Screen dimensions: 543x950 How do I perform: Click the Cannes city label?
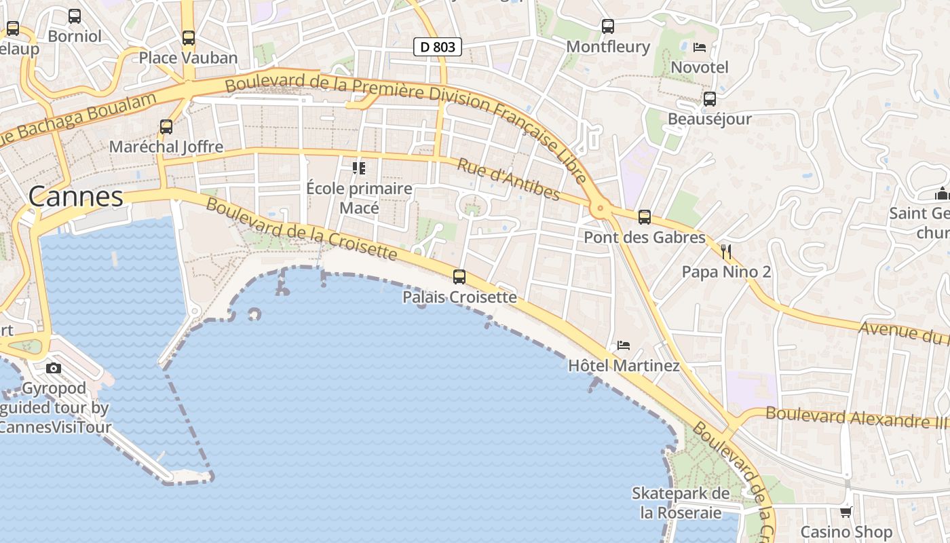coord(75,197)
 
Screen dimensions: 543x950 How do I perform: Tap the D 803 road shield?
coord(438,47)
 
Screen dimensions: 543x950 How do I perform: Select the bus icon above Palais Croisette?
coord(459,277)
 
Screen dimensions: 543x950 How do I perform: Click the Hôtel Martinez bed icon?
coord(624,345)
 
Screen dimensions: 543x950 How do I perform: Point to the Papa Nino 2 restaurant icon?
coord(726,252)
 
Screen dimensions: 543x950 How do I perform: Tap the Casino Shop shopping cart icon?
coord(845,512)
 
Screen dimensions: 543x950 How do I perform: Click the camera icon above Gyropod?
coord(54,369)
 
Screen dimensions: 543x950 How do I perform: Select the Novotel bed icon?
coord(700,48)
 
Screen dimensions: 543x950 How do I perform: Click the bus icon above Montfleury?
coord(608,26)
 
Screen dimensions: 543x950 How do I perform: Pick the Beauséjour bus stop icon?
coord(710,99)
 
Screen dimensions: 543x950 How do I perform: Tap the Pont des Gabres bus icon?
coord(645,217)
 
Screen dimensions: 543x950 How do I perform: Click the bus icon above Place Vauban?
coord(189,38)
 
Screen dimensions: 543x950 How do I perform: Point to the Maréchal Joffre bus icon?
coord(166,126)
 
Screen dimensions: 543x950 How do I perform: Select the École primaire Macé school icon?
coord(358,168)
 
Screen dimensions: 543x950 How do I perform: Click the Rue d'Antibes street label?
coord(508,180)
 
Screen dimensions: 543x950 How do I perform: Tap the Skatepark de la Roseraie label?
coord(681,503)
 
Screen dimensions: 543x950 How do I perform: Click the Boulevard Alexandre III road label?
coord(856,417)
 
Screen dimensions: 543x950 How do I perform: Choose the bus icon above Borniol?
coord(75,16)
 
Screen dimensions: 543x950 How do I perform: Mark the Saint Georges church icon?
coord(941,194)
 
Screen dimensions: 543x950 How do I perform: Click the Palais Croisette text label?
coord(459,297)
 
